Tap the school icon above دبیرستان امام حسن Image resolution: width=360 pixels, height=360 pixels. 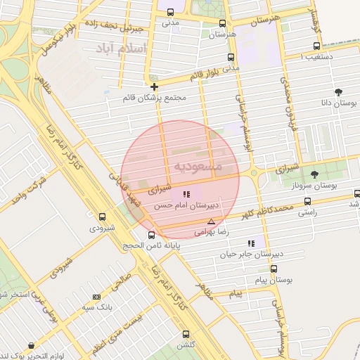[186, 194]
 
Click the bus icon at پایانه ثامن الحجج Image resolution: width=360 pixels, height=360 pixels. [151, 235]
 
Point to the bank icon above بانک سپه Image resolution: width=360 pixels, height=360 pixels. [96, 297]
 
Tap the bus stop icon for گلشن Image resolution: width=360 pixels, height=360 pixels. [186, 334]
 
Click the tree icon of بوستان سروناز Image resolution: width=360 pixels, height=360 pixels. [314, 174]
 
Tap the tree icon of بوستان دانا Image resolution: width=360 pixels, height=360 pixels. [339, 91]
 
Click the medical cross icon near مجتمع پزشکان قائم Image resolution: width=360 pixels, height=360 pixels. [154, 86]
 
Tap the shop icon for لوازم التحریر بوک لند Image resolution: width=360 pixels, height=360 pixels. [32, 345]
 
